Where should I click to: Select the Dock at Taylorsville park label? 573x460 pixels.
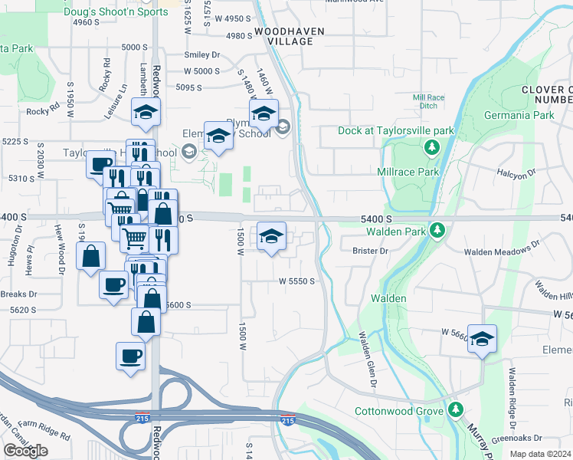click(x=396, y=130)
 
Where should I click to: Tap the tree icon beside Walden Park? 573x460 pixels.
click(x=437, y=229)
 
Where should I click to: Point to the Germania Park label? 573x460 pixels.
click(x=519, y=116)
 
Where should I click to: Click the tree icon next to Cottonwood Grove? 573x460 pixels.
click(x=456, y=411)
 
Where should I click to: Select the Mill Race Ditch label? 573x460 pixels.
click(x=429, y=102)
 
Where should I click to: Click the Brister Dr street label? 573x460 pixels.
click(x=372, y=251)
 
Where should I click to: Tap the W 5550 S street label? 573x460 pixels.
click(x=296, y=281)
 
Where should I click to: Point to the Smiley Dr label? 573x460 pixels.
click(x=201, y=55)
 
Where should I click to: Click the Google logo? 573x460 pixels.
click(x=25, y=450)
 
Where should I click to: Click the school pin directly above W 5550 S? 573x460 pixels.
click(x=271, y=237)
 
